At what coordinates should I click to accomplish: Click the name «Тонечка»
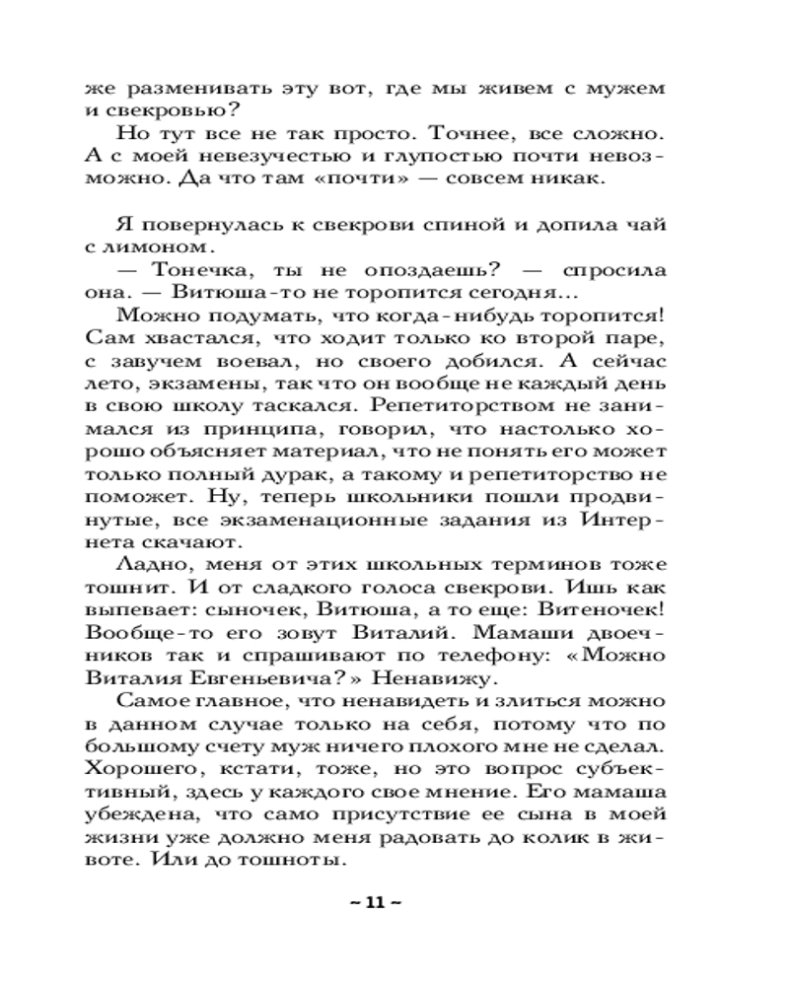click(202, 269)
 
